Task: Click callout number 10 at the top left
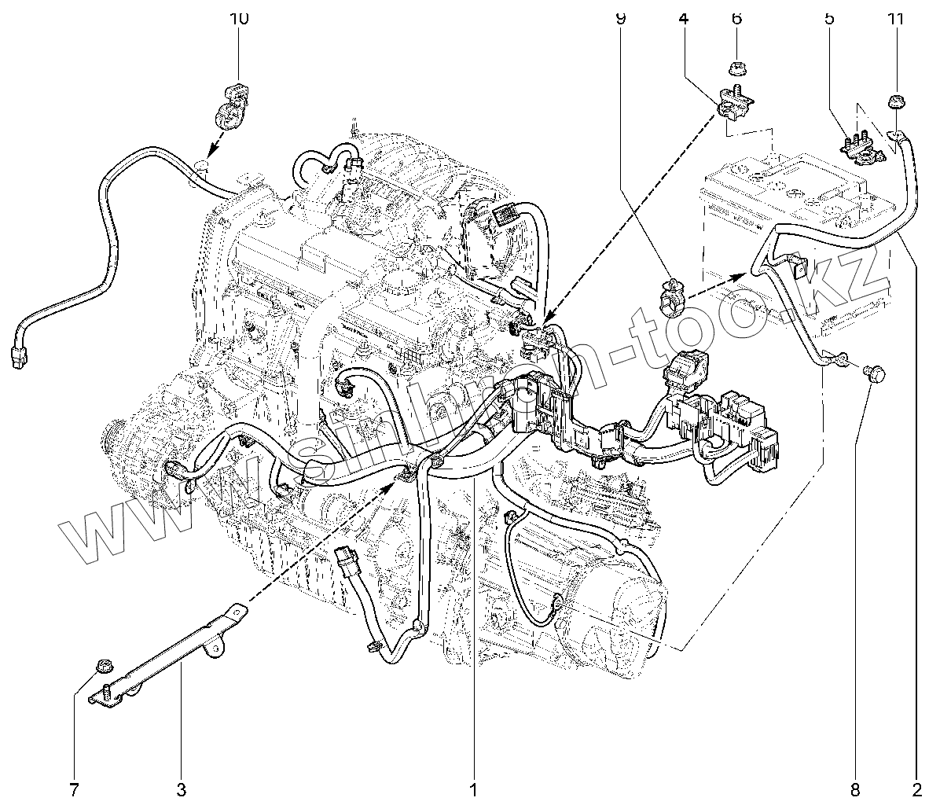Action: (x=239, y=17)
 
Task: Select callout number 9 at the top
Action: (x=620, y=17)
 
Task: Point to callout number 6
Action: (x=736, y=17)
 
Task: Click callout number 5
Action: (x=829, y=17)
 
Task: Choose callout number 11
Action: (x=894, y=17)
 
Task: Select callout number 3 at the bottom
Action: (x=181, y=788)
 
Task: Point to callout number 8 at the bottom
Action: (x=855, y=788)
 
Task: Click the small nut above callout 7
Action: (x=101, y=667)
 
